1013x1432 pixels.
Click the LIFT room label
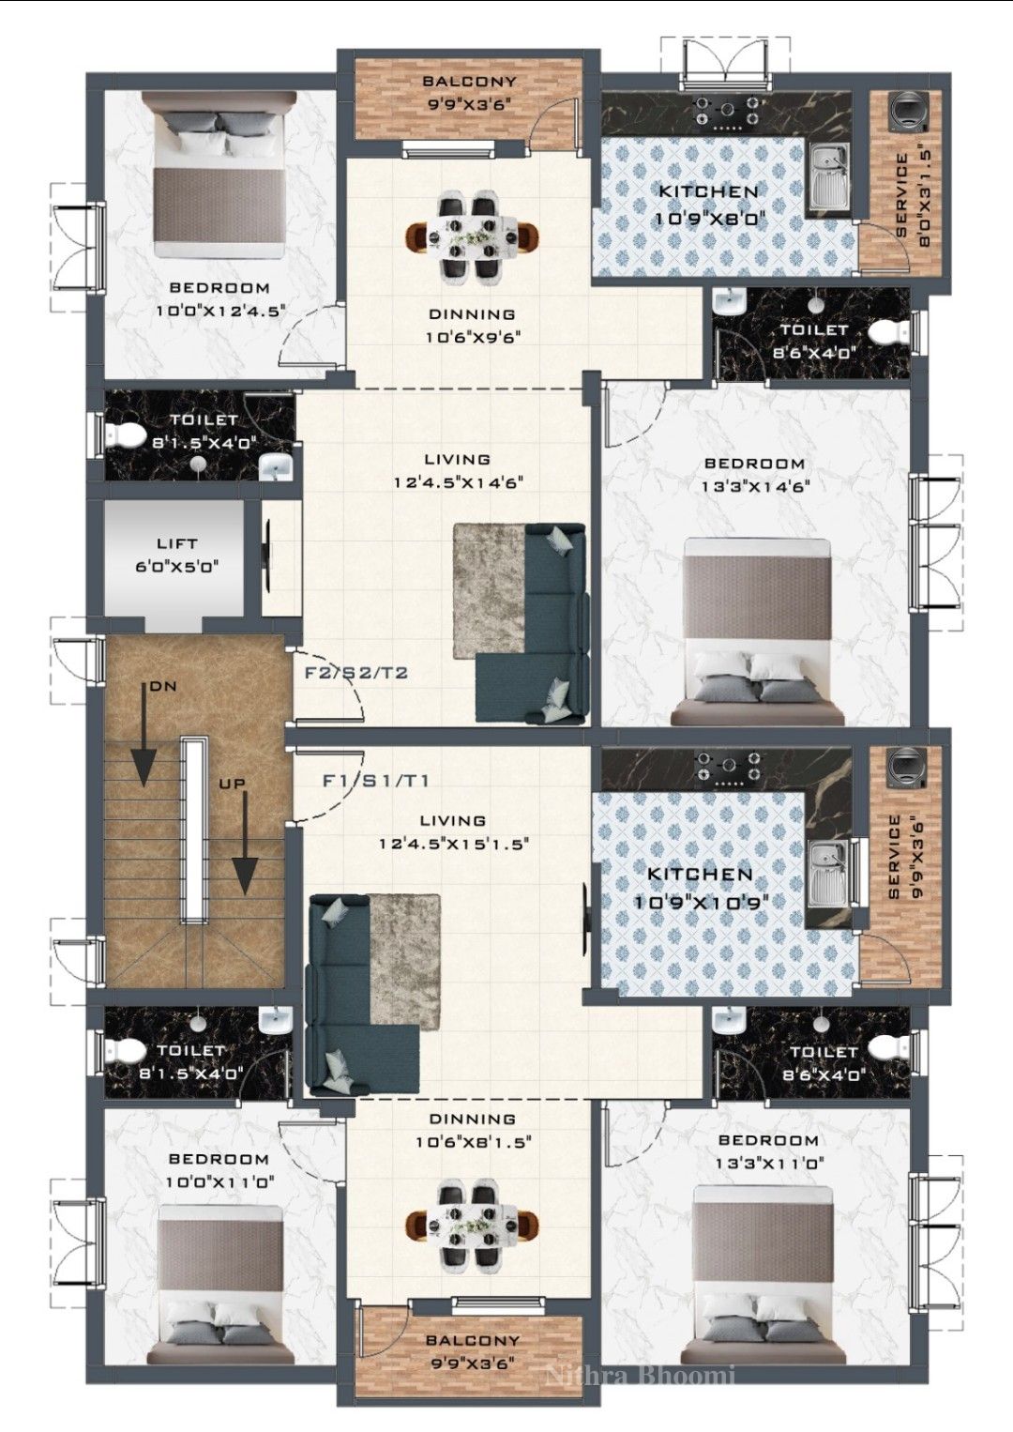(177, 544)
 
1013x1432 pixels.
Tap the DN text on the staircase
(163, 687)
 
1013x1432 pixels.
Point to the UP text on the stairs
(233, 784)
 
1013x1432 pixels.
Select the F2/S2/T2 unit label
(356, 673)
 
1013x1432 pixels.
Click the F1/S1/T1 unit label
(376, 781)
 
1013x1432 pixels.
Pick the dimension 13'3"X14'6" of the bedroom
(755, 487)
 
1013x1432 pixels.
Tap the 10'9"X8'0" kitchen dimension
(710, 219)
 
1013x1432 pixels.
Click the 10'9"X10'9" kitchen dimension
(701, 902)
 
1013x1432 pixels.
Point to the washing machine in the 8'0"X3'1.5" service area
(907, 112)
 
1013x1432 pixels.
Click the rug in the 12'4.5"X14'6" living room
(489, 591)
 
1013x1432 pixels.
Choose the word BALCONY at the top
(469, 82)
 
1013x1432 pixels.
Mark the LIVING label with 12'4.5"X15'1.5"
(452, 820)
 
